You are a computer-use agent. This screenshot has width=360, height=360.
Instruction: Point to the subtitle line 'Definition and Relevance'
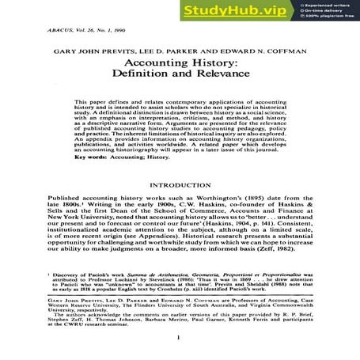(179, 84)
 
